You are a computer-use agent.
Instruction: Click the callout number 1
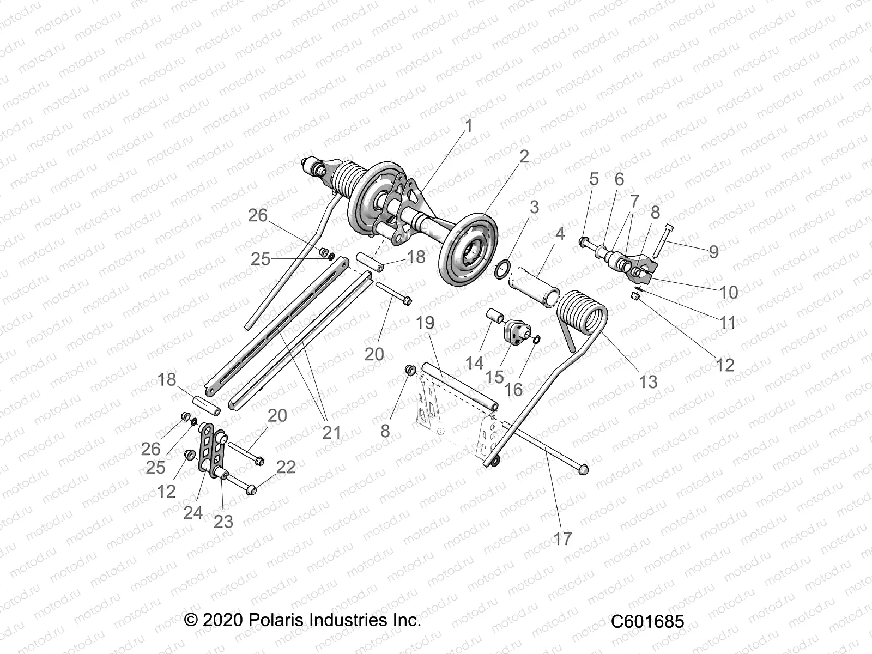[468, 126]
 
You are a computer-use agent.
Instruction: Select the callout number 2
[524, 156]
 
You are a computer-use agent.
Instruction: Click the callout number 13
[648, 381]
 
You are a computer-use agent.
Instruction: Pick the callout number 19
[425, 323]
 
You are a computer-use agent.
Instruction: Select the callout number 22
[286, 467]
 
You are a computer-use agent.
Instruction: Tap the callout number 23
[223, 522]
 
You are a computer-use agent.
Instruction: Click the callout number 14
[475, 362]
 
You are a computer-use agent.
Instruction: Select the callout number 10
[729, 292]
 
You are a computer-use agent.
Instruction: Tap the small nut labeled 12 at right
[634, 296]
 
